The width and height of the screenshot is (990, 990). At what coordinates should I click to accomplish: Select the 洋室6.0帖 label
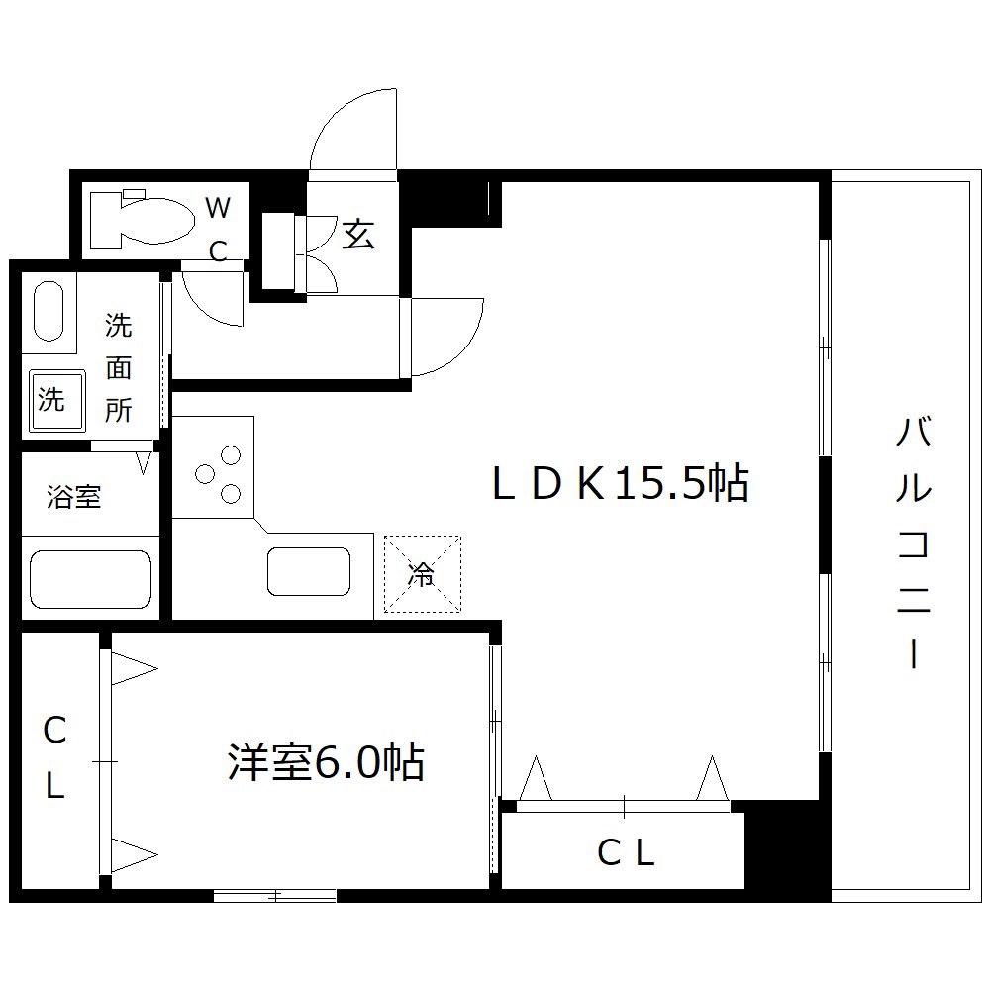click(x=326, y=762)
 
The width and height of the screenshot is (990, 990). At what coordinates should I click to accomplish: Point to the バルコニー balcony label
click(x=913, y=544)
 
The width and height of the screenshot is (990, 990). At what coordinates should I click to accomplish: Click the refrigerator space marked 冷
click(x=423, y=574)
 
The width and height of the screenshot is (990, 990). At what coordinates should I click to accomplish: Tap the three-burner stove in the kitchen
click(x=220, y=474)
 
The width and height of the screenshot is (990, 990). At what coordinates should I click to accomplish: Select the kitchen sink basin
click(x=308, y=572)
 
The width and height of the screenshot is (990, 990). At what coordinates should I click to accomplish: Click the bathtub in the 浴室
click(x=90, y=579)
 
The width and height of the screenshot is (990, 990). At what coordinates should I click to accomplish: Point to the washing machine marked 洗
click(x=51, y=400)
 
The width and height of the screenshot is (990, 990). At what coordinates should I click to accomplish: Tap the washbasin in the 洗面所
click(x=49, y=311)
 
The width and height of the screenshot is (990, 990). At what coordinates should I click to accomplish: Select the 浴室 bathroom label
click(x=74, y=497)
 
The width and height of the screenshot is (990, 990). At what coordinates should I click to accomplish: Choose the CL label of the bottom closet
click(x=626, y=851)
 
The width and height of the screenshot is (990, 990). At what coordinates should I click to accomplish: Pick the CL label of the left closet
click(x=54, y=759)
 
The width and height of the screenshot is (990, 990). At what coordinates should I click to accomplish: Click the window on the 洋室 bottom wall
click(x=275, y=897)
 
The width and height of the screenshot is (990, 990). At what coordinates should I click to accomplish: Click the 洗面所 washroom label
click(x=119, y=367)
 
